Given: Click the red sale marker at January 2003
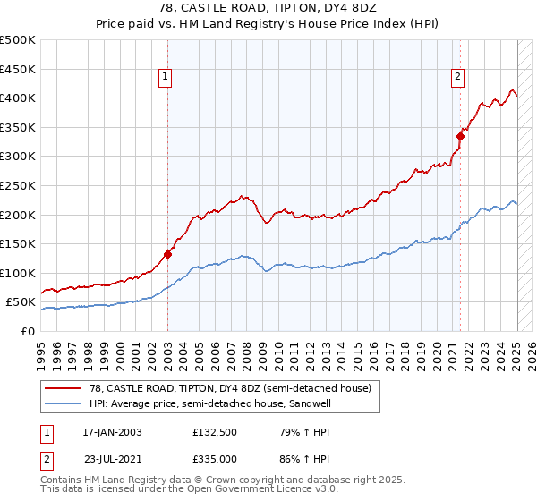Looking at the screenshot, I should click(x=167, y=254).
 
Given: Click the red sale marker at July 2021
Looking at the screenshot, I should click(x=461, y=136).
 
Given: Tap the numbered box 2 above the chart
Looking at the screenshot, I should click(x=457, y=78).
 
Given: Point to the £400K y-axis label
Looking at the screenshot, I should click(x=18, y=98).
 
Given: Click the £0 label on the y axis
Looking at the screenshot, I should click(x=29, y=331).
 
